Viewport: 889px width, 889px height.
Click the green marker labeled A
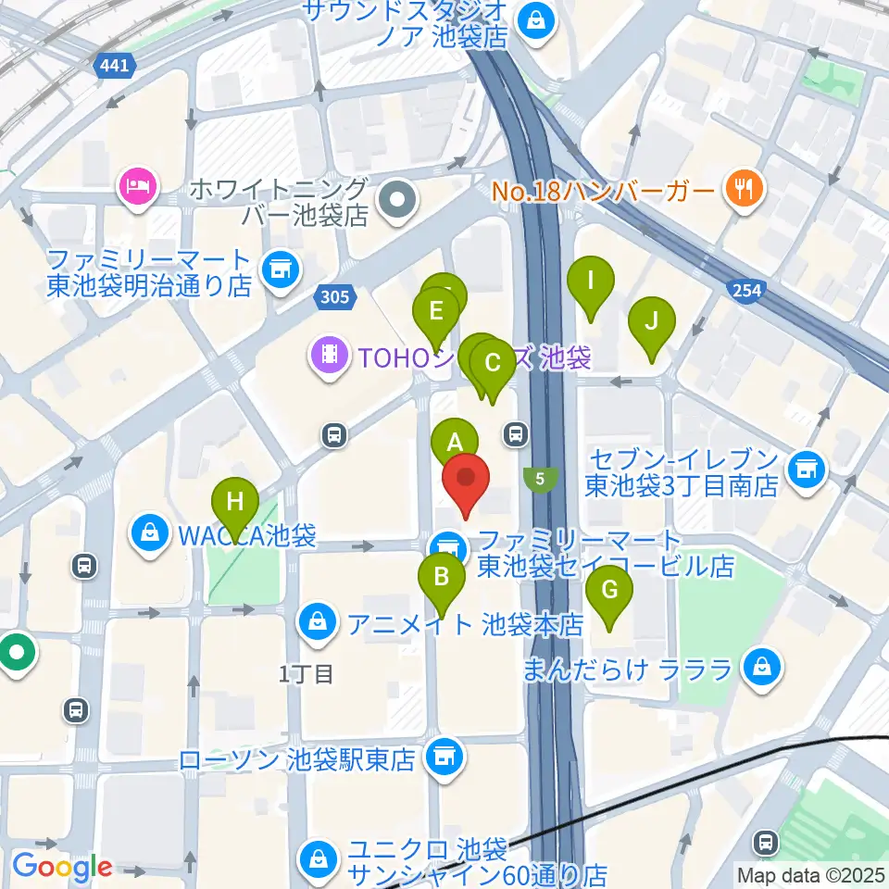click(454, 441)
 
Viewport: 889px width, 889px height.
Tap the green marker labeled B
click(442, 578)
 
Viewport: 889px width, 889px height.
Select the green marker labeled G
click(609, 590)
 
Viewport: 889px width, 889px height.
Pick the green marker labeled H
click(235, 503)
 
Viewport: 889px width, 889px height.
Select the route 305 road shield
click(333, 297)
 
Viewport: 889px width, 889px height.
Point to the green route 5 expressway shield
click(540, 479)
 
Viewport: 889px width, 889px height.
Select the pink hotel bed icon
click(138, 188)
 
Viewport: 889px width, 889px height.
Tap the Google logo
click(61, 868)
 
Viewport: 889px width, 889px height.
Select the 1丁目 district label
click(306, 674)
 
